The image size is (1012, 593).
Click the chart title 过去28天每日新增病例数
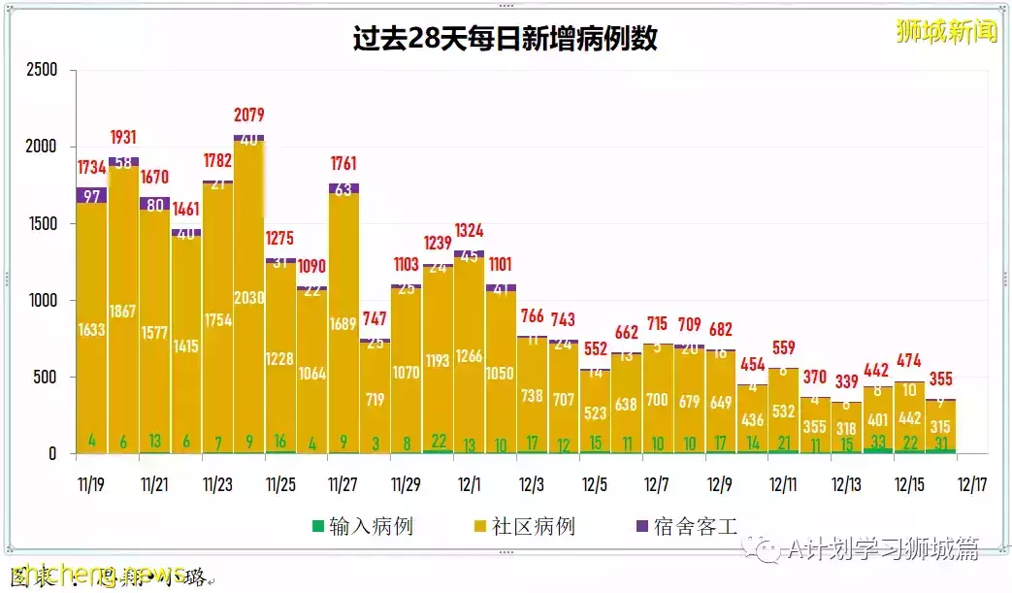coord(505,38)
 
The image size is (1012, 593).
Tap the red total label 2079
coord(249,115)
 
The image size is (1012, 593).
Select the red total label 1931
coord(124,138)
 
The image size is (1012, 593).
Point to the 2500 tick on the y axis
coord(42,70)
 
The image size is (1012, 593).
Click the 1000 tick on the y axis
coord(42,301)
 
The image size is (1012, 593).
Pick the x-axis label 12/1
coord(470,483)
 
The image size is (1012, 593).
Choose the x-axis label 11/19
coord(92,483)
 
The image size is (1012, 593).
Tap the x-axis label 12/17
coord(971,483)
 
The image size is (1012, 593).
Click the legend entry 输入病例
coord(361,527)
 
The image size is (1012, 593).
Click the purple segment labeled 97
coord(92,196)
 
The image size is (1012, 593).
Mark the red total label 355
coord(940,379)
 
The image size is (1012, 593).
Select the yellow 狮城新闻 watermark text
coord(946,31)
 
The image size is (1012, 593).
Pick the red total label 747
coord(375,318)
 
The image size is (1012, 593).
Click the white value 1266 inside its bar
coord(470,356)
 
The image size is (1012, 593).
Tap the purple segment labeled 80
coord(155,204)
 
